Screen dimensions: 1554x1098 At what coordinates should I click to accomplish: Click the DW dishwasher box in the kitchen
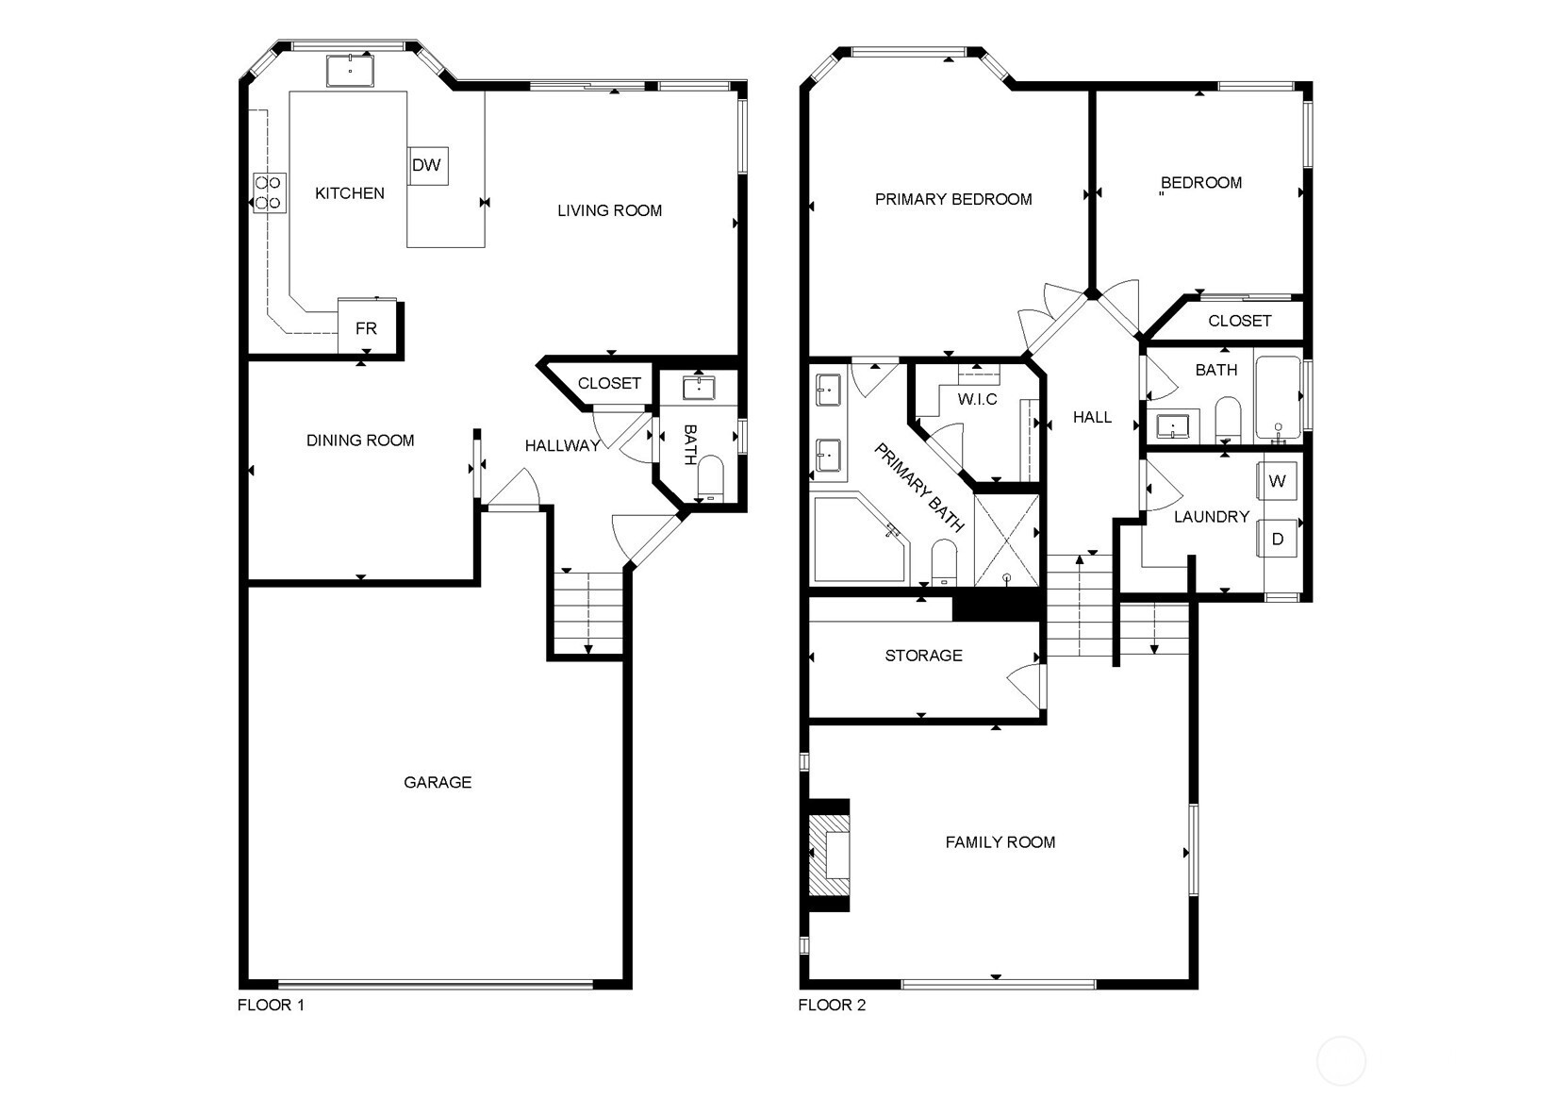(428, 165)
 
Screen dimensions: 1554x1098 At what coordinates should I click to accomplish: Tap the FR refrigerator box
(366, 327)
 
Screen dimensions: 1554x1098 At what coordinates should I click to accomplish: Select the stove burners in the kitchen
(269, 193)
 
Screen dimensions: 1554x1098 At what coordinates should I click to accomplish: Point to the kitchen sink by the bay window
(351, 71)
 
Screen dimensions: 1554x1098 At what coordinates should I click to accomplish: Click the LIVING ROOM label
(609, 210)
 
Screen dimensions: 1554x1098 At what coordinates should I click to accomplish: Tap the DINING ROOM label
(360, 440)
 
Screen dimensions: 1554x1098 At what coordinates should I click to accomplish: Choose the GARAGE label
(438, 782)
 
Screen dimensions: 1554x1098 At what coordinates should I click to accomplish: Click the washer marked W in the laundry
(1277, 480)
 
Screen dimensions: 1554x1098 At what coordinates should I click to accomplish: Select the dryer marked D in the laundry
(1277, 539)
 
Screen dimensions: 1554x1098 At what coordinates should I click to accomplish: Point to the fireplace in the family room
(829, 855)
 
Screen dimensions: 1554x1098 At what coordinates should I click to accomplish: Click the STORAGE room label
(923, 656)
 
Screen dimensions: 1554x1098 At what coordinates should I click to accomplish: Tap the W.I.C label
(977, 399)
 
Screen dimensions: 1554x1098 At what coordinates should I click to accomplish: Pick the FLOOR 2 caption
(832, 1005)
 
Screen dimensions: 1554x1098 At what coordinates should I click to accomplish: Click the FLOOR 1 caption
(271, 1005)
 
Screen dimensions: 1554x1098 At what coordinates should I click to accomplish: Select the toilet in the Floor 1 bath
(710, 477)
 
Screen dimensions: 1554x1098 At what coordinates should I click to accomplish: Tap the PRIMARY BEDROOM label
(953, 199)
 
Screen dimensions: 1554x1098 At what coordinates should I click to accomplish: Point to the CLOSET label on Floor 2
(1239, 321)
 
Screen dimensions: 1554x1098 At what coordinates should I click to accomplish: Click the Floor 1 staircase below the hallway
(588, 613)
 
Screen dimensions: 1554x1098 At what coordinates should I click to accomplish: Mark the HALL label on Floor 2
(1092, 417)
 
